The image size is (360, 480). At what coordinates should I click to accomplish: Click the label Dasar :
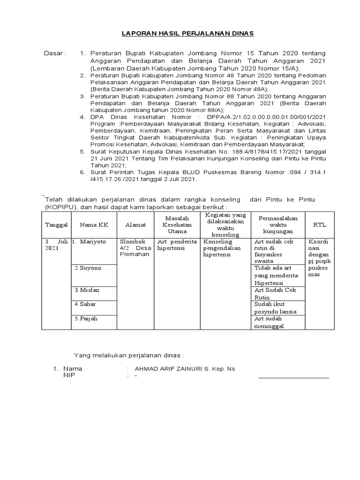tap(55, 53)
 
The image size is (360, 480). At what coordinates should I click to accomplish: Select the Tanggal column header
tap(56, 225)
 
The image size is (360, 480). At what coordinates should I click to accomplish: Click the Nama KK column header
tap(94, 225)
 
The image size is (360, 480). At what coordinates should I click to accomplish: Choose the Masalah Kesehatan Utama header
tap(177, 225)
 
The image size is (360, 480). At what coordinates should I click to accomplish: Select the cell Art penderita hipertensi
tap(177, 245)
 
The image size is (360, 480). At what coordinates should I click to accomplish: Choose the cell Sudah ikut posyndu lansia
tap(275, 307)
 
